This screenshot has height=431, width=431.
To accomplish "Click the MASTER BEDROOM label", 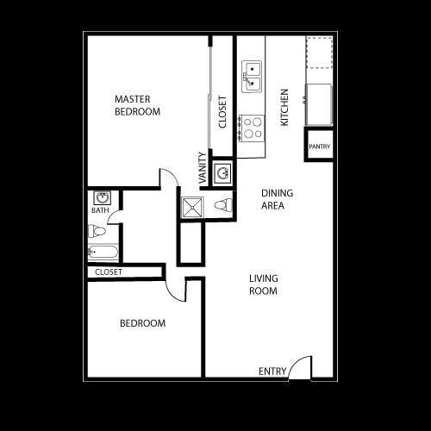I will click(x=138, y=105).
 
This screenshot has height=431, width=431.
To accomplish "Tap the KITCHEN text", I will click(x=284, y=107).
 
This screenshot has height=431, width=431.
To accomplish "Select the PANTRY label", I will click(x=320, y=147).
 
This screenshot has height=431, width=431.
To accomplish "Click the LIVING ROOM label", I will click(x=263, y=284).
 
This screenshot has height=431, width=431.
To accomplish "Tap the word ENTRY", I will click(x=272, y=372).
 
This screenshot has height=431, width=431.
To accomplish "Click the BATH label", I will click(x=99, y=209).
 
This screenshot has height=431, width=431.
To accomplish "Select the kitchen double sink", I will click(x=252, y=76).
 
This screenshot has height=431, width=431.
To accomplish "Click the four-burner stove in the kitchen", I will click(x=251, y=128).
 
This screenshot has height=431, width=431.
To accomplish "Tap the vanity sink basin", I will click(x=222, y=173).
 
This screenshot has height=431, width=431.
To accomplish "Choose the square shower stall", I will click(x=191, y=206).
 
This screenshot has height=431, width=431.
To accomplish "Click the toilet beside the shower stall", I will click(x=222, y=205).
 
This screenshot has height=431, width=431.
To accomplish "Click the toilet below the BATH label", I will click(x=97, y=231).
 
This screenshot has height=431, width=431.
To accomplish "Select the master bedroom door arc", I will click(x=169, y=177).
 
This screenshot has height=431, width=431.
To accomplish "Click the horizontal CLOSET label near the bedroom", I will click(x=109, y=272).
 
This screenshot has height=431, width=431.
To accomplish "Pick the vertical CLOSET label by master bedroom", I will click(x=222, y=111).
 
